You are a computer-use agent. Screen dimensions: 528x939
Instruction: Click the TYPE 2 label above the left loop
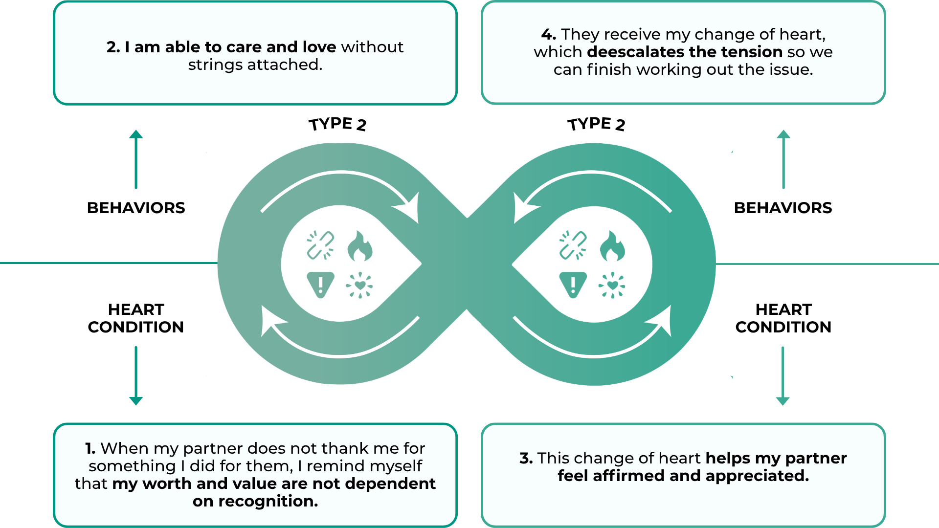point(337,124)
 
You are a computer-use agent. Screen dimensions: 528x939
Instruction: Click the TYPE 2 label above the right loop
point(596,124)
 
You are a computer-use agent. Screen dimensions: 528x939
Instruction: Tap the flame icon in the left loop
point(359,246)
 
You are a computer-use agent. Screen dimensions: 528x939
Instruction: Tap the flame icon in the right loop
point(612,246)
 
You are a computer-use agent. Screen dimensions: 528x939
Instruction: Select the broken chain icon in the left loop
point(320,245)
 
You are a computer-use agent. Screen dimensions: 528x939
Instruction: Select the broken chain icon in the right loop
point(573,245)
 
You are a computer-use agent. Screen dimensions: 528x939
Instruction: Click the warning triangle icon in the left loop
point(320,284)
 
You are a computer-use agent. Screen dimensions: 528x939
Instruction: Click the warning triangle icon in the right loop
point(573,284)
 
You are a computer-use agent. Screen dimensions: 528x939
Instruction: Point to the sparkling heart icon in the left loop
point(359,285)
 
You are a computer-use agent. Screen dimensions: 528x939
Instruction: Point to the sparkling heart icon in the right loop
point(612,285)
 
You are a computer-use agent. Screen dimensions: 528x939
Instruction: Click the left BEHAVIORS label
point(136,208)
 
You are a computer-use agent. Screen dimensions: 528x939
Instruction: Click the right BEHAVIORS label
point(783,208)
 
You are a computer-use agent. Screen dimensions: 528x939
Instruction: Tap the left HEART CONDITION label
point(136,318)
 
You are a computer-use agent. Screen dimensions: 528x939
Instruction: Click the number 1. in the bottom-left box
point(90,448)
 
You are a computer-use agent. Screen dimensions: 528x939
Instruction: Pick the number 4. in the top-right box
point(548,34)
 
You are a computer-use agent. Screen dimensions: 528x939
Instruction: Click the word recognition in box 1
point(268,501)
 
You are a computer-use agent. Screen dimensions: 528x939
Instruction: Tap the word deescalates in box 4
point(636,52)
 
